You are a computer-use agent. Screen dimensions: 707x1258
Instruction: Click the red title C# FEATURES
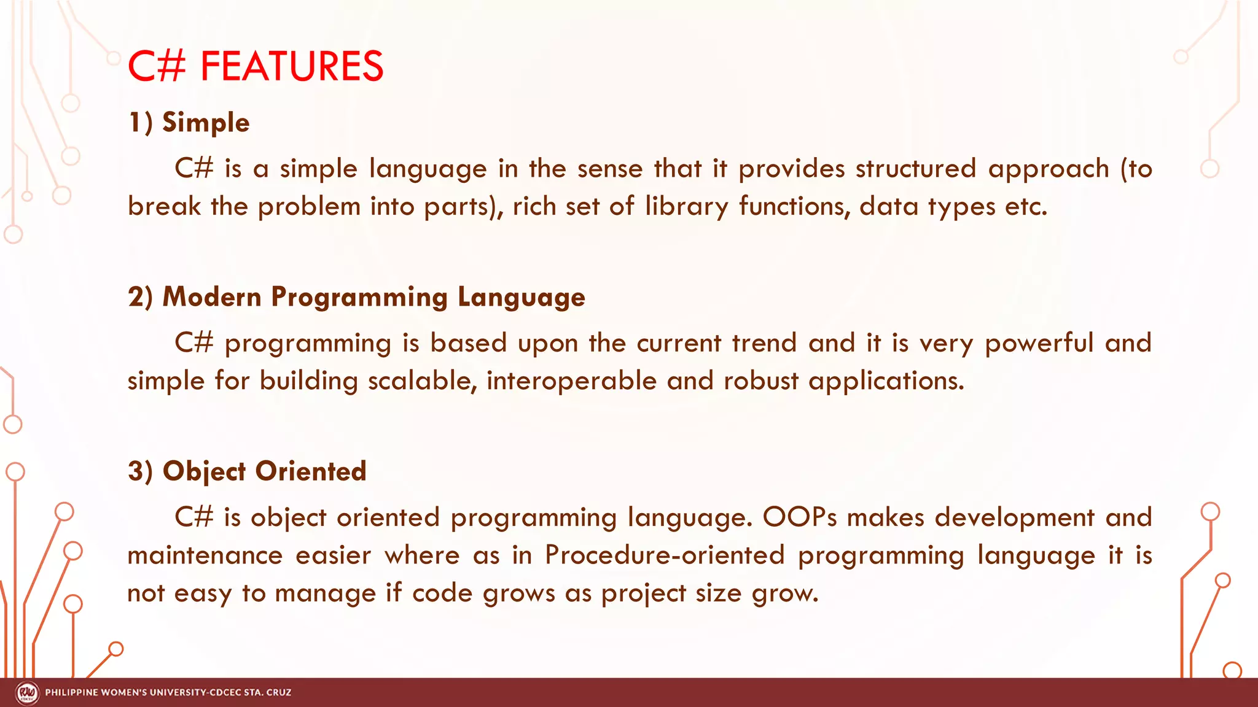[x=255, y=66]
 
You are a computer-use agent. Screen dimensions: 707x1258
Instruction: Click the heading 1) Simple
[x=189, y=123]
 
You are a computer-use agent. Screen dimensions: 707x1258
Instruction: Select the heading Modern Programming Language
[x=373, y=297]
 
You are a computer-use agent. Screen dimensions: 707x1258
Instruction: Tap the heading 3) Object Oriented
[x=247, y=471]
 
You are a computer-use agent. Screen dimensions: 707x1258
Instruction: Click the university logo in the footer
[x=27, y=693]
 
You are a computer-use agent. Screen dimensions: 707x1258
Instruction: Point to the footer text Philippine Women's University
[x=168, y=693]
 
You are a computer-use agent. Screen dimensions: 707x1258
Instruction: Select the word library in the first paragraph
[x=686, y=207]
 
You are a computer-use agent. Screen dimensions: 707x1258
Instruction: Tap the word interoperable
[x=571, y=381]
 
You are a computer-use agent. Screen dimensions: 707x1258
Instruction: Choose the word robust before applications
[x=760, y=381]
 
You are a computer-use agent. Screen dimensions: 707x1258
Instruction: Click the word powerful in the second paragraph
[x=1039, y=343]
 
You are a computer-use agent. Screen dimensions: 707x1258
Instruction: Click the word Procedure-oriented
[x=665, y=555]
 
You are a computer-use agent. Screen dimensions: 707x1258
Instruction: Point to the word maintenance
[x=205, y=555]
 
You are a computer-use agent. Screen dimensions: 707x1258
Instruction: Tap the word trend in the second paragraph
[x=764, y=343]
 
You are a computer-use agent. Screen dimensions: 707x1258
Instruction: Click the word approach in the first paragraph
[x=1048, y=169]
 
